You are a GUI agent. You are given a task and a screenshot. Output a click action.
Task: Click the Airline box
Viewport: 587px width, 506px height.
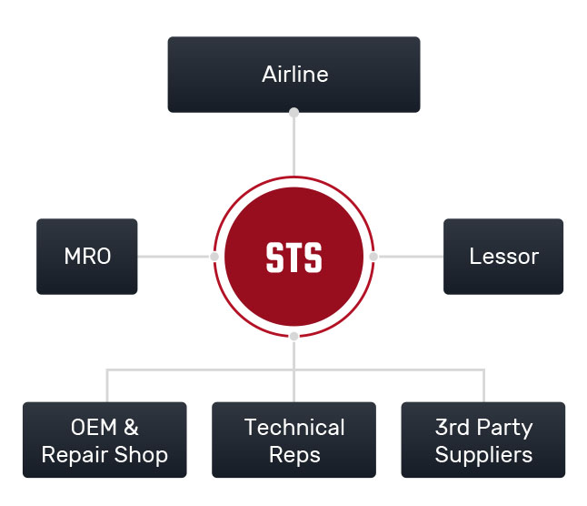pos(293,75)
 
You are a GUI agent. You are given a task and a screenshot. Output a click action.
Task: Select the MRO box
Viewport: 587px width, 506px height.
pos(87,257)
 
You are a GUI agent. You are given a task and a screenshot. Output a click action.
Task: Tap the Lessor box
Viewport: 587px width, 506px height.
pos(503,257)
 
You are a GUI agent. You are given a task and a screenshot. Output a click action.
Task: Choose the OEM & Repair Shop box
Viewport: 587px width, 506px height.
pos(104,440)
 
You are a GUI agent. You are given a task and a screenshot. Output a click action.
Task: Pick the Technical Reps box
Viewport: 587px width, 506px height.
pos(293,440)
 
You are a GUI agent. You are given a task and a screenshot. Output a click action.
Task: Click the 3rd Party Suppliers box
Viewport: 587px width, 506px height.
pos(483,440)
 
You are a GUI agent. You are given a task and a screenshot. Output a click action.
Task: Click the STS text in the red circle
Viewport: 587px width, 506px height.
pos(293,258)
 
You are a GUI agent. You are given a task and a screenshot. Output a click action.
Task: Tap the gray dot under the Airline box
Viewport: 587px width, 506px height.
pos(293,113)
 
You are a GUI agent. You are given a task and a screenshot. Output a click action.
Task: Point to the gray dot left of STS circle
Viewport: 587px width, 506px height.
pos(214,257)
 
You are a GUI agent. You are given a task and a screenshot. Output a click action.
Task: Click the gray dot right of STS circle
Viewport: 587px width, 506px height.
pos(373,257)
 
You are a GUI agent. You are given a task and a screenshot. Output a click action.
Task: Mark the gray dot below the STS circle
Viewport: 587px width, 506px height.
pos(293,336)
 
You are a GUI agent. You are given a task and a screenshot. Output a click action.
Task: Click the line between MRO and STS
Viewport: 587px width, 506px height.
pos(174,257)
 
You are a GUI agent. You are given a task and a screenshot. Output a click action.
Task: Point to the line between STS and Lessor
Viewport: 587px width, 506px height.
pos(411,257)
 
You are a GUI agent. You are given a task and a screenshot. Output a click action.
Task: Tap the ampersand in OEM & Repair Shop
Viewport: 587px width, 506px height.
pos(131,428)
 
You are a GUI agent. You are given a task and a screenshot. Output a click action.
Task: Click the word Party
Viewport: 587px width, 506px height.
pos(504,428)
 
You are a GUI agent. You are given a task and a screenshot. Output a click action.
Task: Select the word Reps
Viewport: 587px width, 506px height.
pos(294,456)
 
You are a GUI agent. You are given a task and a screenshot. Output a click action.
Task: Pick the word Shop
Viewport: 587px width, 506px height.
pos(141,456)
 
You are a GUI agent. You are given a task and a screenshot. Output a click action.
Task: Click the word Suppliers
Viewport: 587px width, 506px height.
pos(483,456)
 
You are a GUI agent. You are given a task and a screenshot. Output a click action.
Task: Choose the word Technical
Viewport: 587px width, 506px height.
pos(294,428)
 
